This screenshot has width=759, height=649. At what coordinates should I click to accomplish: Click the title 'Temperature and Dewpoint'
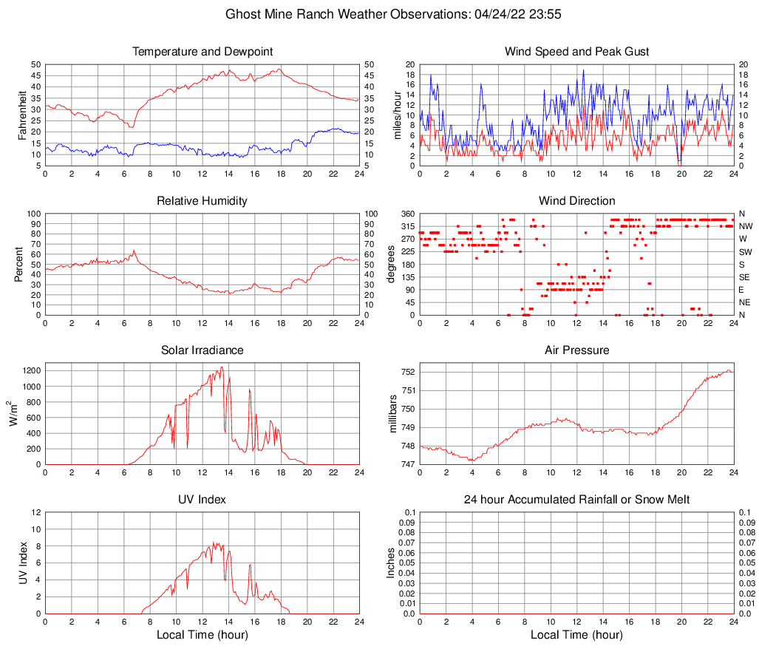[202, 52]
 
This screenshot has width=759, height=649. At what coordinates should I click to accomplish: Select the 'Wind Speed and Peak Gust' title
[576, 52]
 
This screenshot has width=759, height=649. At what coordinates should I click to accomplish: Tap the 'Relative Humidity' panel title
[202, 201]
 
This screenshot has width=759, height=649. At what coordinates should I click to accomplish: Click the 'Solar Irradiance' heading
[202, 350]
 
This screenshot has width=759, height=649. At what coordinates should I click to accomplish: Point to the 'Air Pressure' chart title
[576, 350]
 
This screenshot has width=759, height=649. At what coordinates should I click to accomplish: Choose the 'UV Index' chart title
[202, 500]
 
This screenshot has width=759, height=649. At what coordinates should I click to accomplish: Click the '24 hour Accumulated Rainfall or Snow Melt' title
[576, 500]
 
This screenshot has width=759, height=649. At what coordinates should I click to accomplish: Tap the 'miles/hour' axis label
[398, 115]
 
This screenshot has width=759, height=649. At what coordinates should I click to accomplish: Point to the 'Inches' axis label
[392, 563]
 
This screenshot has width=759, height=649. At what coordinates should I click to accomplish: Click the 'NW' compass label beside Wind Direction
[746, 226]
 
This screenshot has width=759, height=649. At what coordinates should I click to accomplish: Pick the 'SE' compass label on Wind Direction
[745, 277]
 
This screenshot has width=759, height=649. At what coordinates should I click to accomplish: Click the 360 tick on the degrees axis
[407, 214]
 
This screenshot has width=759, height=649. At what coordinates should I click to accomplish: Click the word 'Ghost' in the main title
[243, 14]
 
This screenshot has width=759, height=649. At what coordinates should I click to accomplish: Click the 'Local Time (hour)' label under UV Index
[202, 635]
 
